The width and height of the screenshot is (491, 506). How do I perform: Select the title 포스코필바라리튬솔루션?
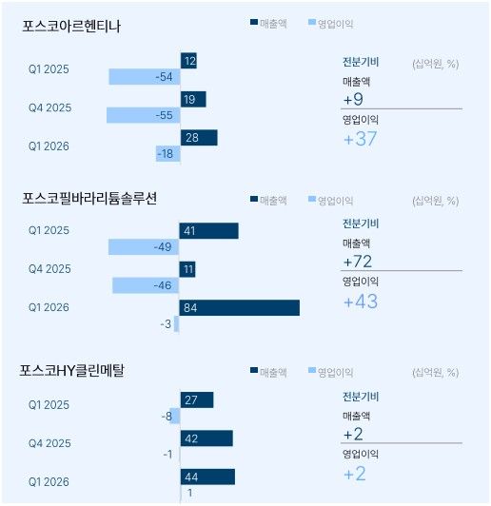88,198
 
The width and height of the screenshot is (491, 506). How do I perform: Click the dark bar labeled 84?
239,307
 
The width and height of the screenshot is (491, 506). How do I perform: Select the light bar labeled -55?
143,115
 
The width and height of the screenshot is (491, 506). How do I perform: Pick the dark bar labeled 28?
198,138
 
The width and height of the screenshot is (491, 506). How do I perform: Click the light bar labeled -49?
144,247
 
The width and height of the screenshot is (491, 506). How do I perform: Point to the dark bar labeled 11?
187,269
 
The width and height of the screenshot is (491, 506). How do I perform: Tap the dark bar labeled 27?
196,400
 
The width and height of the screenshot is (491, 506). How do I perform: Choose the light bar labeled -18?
167,154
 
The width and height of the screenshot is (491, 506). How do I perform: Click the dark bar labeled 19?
192,99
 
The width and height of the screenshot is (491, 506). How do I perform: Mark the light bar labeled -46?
146,285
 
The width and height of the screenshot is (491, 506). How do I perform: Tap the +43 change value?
362,302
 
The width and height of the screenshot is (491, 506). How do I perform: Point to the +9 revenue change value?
353,98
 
